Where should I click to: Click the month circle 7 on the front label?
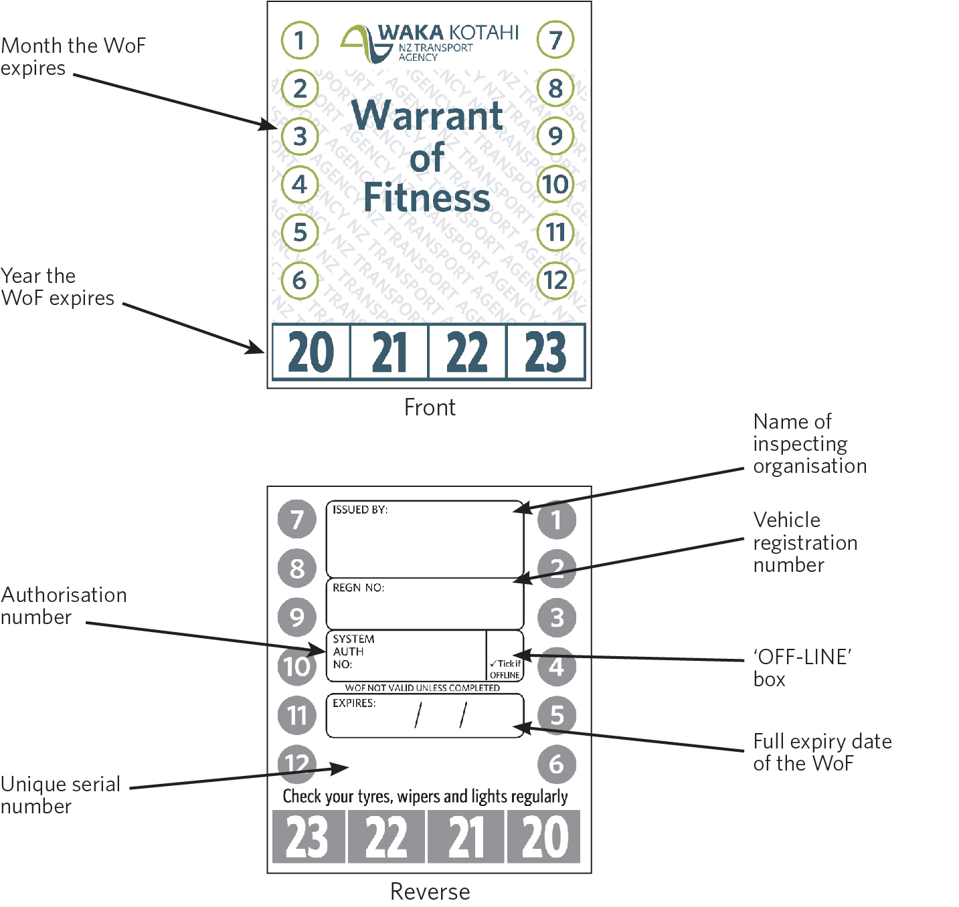tap(555, 39)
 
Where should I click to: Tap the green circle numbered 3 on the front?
tap(299, 136)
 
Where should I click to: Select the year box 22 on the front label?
tap(467, 352)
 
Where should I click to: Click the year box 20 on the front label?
tap(311, 352)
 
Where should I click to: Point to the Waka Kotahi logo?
tap(429, 43)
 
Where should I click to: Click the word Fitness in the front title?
tap(427, 198)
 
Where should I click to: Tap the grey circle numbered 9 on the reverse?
tap(297, 617)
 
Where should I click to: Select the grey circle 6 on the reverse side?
tap(556, 764)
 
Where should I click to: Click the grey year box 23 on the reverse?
tap(309, 837)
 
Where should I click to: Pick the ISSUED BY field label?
tap(360, 510)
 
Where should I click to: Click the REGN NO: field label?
tap(358, 588)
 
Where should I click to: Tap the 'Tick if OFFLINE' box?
tap(505, 669)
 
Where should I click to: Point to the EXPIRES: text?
tap(354, 704)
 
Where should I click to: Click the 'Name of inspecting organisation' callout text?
tap(809, 443)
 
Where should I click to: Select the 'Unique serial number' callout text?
tap(60, 795)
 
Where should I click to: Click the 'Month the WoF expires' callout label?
tap(72, 57)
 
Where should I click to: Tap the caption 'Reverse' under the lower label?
tap(430, 892)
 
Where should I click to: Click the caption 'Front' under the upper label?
tap(430, 407)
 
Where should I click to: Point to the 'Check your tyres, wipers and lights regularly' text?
tap(425, 796)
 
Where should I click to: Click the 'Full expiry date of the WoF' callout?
tap(822, 752)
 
